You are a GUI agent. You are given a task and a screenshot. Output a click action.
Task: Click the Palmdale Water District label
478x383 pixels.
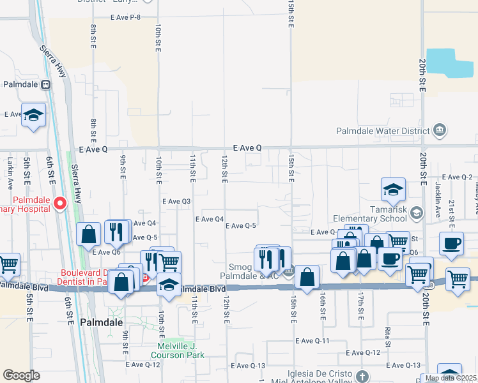[383, 131]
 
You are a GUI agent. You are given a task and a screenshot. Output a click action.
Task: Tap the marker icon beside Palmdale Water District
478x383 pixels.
[439, 131]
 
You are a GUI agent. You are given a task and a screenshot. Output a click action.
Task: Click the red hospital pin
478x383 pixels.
[60, 204]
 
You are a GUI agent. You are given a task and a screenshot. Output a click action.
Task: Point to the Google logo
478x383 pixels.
[21, 375]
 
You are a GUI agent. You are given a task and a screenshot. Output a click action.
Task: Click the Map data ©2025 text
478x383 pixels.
[451, 378]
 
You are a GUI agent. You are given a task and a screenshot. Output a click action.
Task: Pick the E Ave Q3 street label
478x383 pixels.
[176, 201]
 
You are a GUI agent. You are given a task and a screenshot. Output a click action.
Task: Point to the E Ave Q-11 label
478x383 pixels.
[312, 342]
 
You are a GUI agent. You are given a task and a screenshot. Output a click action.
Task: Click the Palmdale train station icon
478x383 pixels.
[45, 84]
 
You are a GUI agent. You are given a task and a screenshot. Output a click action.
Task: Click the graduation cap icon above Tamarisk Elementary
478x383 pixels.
[393, 189]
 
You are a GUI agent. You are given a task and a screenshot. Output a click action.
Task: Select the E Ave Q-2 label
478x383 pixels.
[456, 177]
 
